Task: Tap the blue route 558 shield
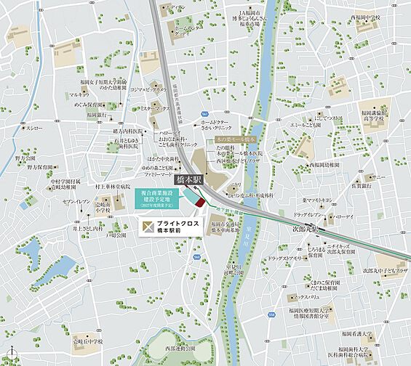(206, 114)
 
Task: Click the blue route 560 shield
(196, 259)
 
